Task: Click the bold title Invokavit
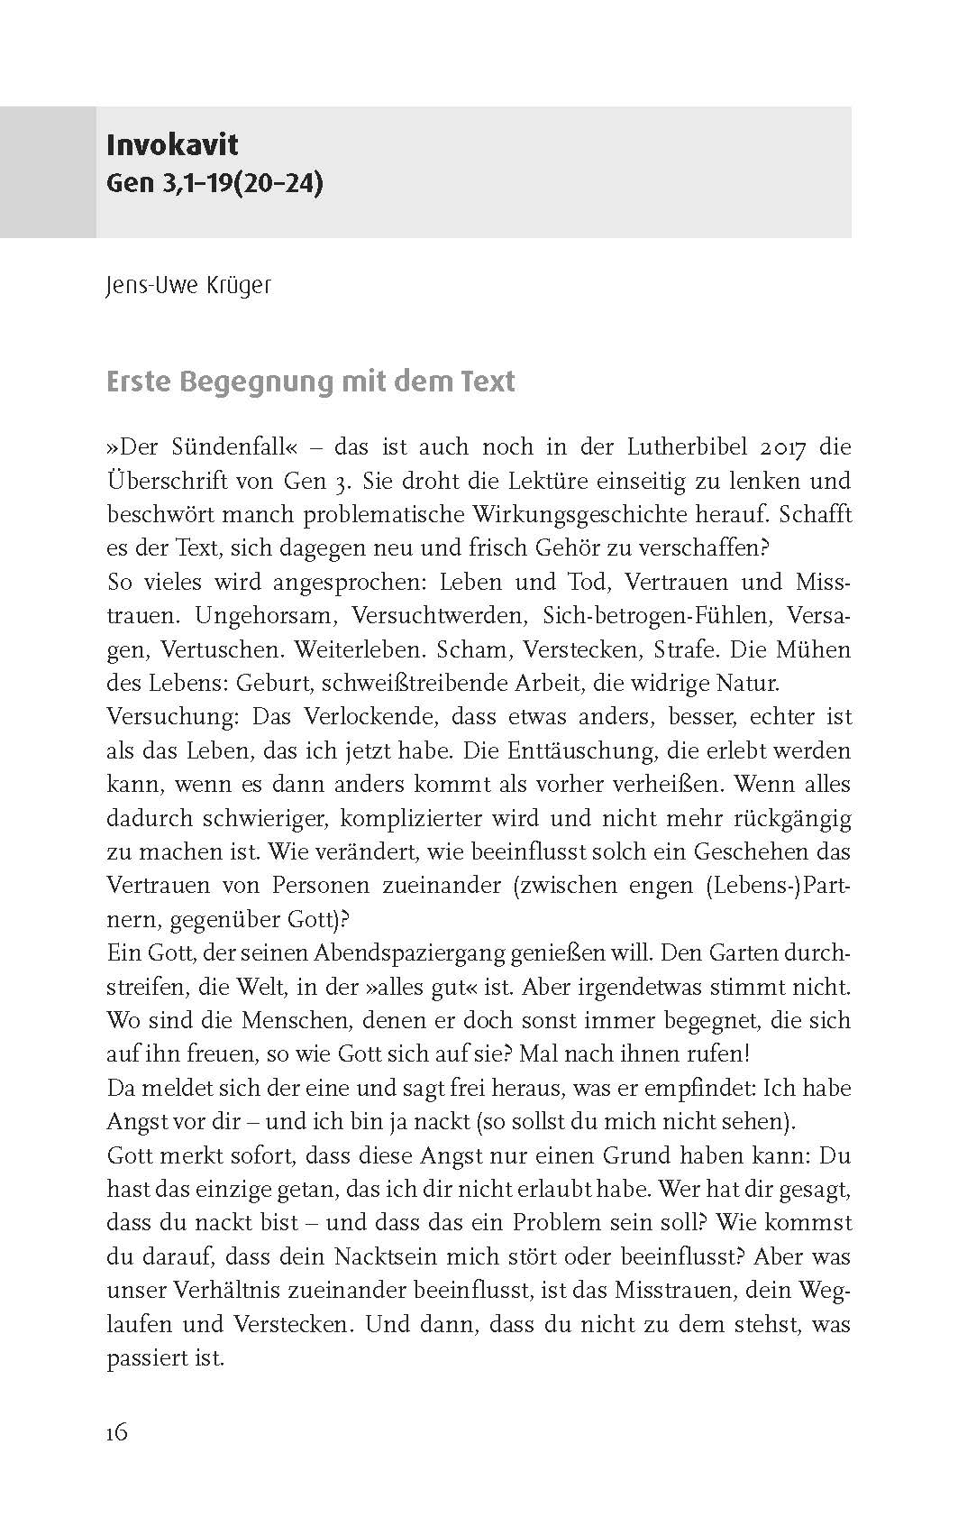click(x=172, y=144)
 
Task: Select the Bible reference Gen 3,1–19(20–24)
click(x=214, y=184)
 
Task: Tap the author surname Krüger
click(x=237, y=286)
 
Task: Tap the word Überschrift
click(x=168, y=482)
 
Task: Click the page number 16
click(x=117, y=1432)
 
